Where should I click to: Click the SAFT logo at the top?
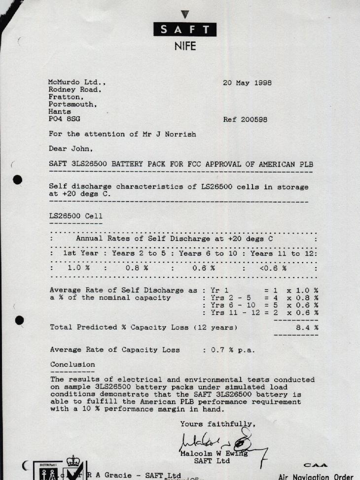pos(184,29)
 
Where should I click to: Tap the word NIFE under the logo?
pos(185,46)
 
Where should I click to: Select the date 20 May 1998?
pos(247,83)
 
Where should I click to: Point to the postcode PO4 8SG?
pos(64,119)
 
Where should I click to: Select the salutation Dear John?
pos(71,148)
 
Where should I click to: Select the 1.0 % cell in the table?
pos(78,269)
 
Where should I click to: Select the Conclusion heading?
pos(72,365)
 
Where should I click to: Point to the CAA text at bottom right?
pos(316,465)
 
